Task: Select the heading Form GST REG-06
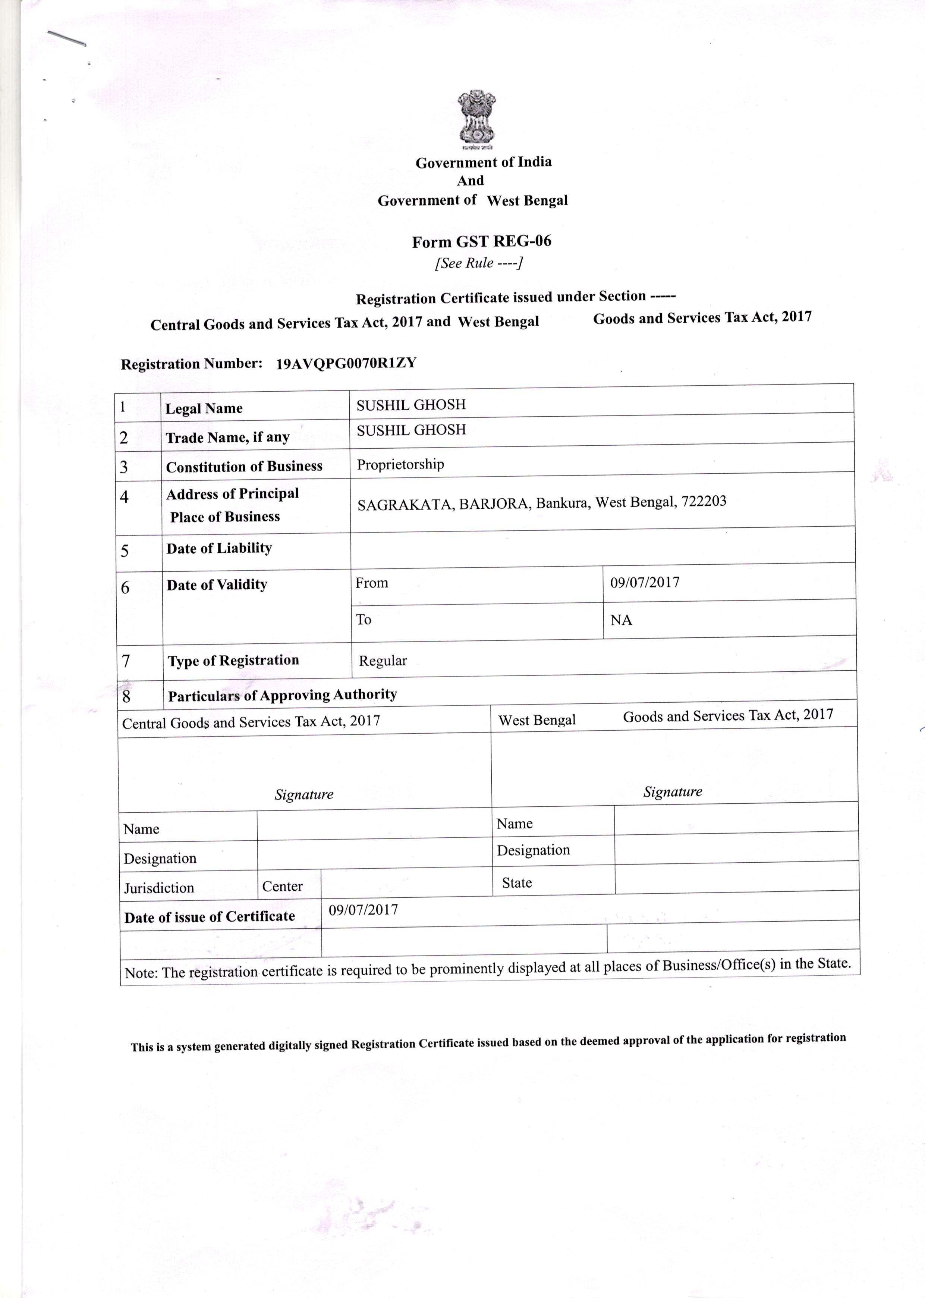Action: (481, 242)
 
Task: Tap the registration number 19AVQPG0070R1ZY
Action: (346, 364)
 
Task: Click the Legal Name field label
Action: (204, 408)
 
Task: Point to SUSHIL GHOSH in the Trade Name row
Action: (411, 430)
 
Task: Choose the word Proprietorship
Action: (400, 464)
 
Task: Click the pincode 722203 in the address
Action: (704, 501)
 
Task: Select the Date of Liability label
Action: (219, 548)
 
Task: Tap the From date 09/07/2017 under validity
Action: (645, 582)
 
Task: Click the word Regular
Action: (383, 661)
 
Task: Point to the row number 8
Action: (126, 696)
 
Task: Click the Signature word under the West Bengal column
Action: (673, 791)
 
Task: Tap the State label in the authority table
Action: (517, 883)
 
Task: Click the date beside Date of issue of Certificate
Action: (363, 910)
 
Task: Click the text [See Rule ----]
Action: (478, 263)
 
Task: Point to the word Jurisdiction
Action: (159, 888)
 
